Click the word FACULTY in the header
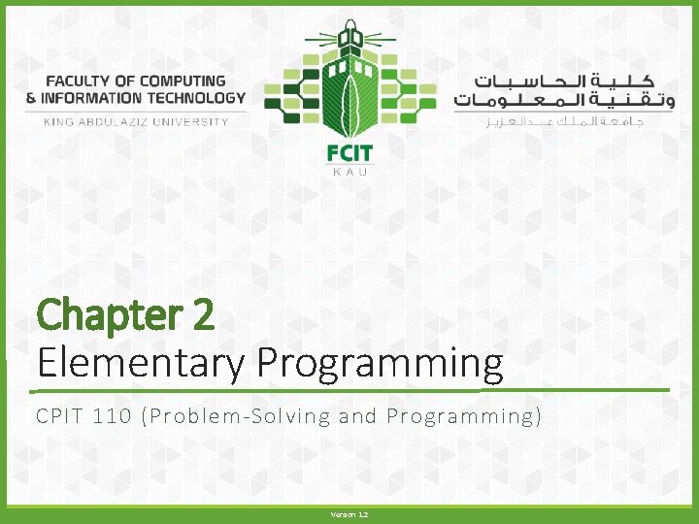80,82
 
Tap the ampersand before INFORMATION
31,98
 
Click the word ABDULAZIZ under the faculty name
115,122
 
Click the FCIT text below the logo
349,152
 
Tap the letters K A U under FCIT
349,172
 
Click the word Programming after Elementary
381,363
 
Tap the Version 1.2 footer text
349,514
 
